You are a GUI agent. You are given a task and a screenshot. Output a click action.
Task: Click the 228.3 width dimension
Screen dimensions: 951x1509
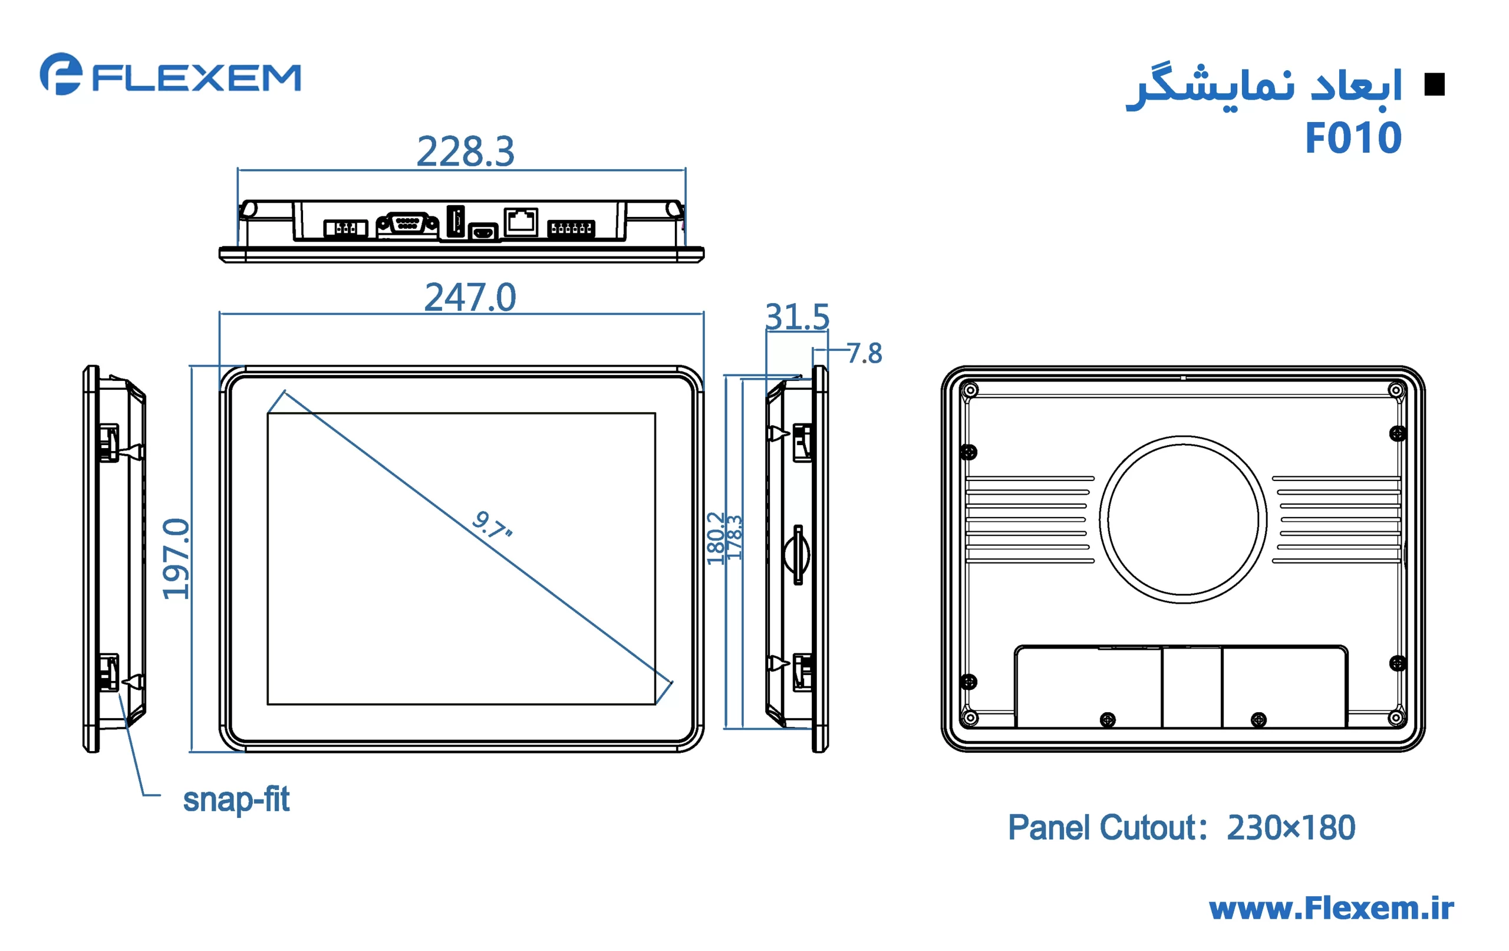tap(465, 152)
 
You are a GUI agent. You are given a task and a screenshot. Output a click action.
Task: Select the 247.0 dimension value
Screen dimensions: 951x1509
tap(470, 297)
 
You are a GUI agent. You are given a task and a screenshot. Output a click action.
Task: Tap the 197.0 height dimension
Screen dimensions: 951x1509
tap(176, 558)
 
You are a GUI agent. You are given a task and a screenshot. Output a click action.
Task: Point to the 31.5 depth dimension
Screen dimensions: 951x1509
tap(796, 317)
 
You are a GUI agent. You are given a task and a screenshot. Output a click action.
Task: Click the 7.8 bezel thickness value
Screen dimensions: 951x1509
tap(865, 354)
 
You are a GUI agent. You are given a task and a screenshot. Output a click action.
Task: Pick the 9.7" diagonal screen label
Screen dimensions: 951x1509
tap(492, 525)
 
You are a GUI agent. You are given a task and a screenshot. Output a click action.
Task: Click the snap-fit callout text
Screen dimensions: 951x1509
tap(236, 799)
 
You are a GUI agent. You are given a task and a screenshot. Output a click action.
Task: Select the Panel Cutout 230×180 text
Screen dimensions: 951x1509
tap(1181, 828)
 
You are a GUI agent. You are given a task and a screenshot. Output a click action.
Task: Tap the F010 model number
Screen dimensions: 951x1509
tap(1352, 138)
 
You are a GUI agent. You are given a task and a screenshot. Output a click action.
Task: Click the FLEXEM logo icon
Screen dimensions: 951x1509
tap(61, 74)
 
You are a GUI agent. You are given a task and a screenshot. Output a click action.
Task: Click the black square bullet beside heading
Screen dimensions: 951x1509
tap(1434, 85)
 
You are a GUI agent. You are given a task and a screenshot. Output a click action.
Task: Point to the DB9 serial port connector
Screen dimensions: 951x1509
tap(407, 223)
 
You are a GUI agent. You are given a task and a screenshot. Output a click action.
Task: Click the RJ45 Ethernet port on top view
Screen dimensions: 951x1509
tap(520, 221)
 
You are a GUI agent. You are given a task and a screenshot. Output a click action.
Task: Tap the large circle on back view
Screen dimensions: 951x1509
tap(1182, 519)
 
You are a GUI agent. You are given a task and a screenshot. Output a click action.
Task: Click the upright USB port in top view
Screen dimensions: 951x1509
tap(456, 221)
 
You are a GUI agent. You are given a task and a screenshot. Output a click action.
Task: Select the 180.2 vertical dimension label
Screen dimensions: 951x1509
tap(714, 538)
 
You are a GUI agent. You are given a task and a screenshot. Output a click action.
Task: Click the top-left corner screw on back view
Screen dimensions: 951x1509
tap(970, 390)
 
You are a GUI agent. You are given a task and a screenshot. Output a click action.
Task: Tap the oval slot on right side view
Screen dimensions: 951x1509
tap(796, 555)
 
